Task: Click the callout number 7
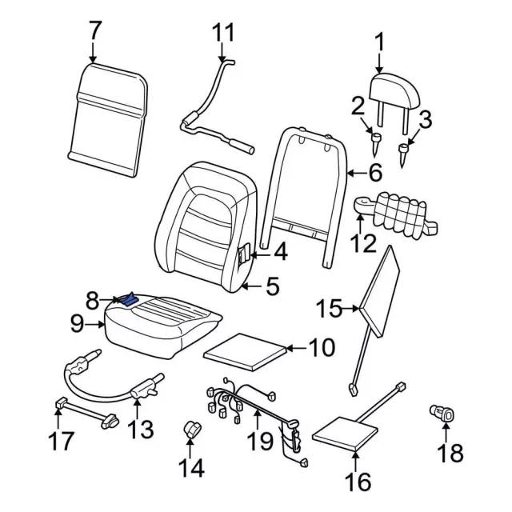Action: (94, 31)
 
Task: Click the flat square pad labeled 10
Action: (245, 350)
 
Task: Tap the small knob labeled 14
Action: (193, 429)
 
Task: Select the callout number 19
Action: (262, 442)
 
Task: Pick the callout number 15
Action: (328, 306)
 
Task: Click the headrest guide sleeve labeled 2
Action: (375, 142)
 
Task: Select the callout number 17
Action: (62, 440)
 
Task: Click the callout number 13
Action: (139, 429)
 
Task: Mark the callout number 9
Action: (77, 324)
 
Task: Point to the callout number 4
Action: (279, 254)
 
